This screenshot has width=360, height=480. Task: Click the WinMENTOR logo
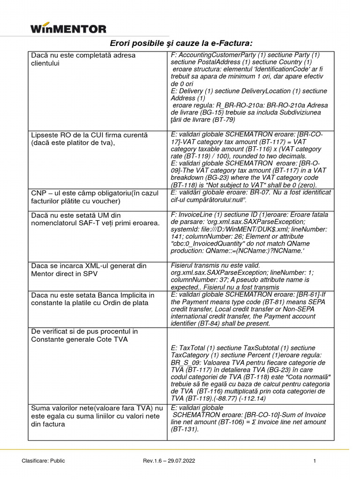click(68, 29)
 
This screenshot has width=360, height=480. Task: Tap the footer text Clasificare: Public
click(44, 461)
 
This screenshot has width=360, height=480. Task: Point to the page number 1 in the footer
click(315, 461)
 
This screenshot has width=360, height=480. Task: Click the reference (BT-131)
click(185, 429)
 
